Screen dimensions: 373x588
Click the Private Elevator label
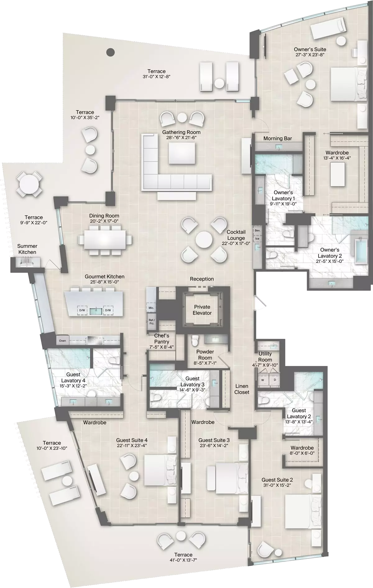(202, 310)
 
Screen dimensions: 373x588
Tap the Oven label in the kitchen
(62, 341)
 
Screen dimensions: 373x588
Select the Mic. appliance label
(151, 308)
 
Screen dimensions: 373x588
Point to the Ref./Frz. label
(152, 322)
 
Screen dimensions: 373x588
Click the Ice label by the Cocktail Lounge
(257, 239)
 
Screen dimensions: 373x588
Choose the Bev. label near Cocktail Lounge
(257, 231)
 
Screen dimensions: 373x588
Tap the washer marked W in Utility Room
(263, 380)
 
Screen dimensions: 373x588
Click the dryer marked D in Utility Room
(274, 380)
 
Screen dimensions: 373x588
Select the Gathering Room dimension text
(181, 138)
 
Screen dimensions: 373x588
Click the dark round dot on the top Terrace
(110, 52)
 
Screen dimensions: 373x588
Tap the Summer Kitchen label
(27, 249)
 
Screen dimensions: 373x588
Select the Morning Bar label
(278, 138)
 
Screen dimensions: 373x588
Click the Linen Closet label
(242, 389)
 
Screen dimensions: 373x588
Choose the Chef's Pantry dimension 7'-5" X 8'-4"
(162, 347)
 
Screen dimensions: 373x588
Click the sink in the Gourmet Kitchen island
(96, 310)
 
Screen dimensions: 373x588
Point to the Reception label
(202, 279)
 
